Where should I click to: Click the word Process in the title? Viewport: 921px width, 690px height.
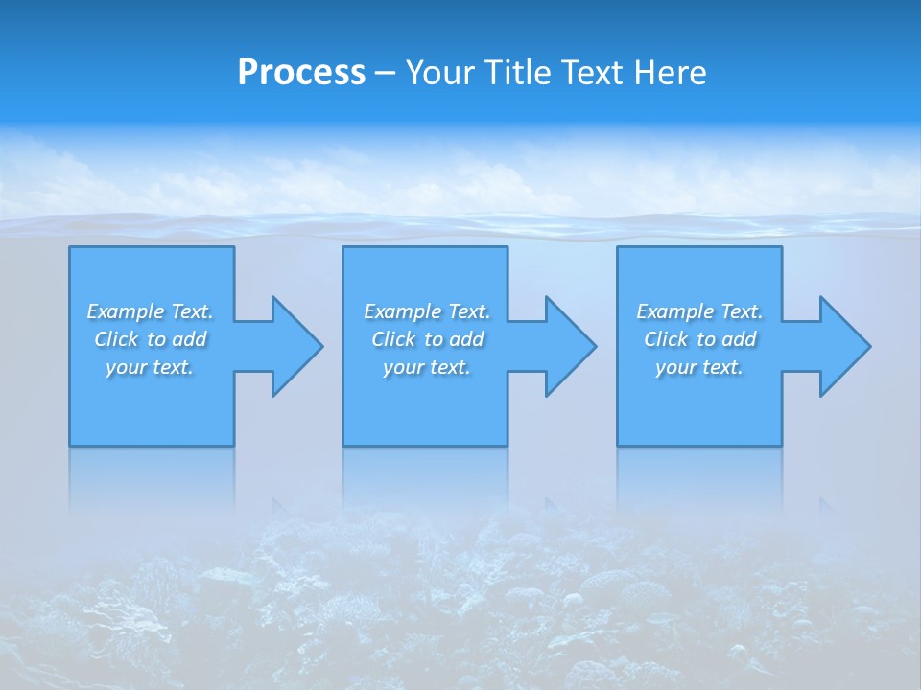pos(301,73)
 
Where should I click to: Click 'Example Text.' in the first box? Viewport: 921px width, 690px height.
pos(151,311)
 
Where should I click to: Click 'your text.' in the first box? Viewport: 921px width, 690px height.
pos(151,367)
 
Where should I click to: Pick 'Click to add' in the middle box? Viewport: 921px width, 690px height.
pos(427,339)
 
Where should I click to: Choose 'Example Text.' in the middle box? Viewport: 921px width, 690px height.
pos(427,311)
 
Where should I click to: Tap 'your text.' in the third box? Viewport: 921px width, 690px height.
pos(699,367)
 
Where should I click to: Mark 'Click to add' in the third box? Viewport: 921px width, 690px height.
pos(699,339)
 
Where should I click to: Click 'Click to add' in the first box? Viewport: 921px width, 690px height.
pos(151,339)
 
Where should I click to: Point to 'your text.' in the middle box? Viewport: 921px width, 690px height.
pos(427,367)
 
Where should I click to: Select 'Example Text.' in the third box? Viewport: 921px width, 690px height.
pos(699,311)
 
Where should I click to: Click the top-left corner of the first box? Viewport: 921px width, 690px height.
pos(70,247)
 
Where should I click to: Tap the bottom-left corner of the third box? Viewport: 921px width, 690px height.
pos(618,445)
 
